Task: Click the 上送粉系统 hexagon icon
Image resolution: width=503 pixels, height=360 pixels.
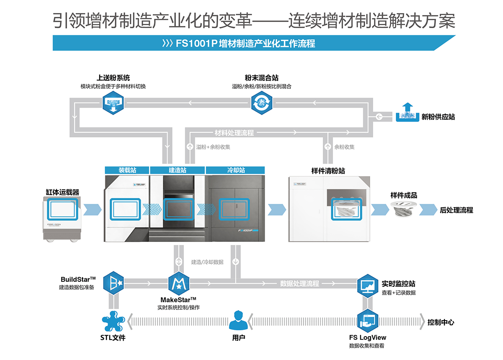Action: coord(113,103)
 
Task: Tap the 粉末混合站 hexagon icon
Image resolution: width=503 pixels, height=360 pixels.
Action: coord(262,103)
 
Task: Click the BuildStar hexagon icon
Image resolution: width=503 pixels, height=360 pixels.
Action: coord(113,283)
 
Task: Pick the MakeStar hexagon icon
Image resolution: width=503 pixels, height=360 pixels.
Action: coord(179,283)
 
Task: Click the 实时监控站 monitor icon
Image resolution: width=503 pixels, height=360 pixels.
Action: coord(368,286)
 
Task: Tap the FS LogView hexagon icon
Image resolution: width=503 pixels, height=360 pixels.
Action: coord(368,321)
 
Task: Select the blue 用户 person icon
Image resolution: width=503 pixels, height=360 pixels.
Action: coord(238,320)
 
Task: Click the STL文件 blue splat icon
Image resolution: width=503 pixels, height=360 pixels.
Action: coord(113,321)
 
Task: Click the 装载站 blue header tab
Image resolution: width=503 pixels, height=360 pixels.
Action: coord(127,170)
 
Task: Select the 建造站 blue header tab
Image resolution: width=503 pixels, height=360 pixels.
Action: coord(178,170)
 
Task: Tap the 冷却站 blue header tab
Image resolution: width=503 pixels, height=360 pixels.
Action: coord(235,170)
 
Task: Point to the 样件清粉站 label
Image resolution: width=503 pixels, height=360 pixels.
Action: coord(328,171)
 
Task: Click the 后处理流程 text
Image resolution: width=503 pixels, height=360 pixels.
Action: coord(456,210)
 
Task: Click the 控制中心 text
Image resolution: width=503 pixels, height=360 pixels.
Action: coord(441,322)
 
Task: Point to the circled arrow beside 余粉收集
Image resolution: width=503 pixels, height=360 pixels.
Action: coord(328,147)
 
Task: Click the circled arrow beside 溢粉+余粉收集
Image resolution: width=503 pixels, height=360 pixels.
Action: coord(190,147)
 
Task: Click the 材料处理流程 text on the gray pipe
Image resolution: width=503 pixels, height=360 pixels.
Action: coord(234,133)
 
